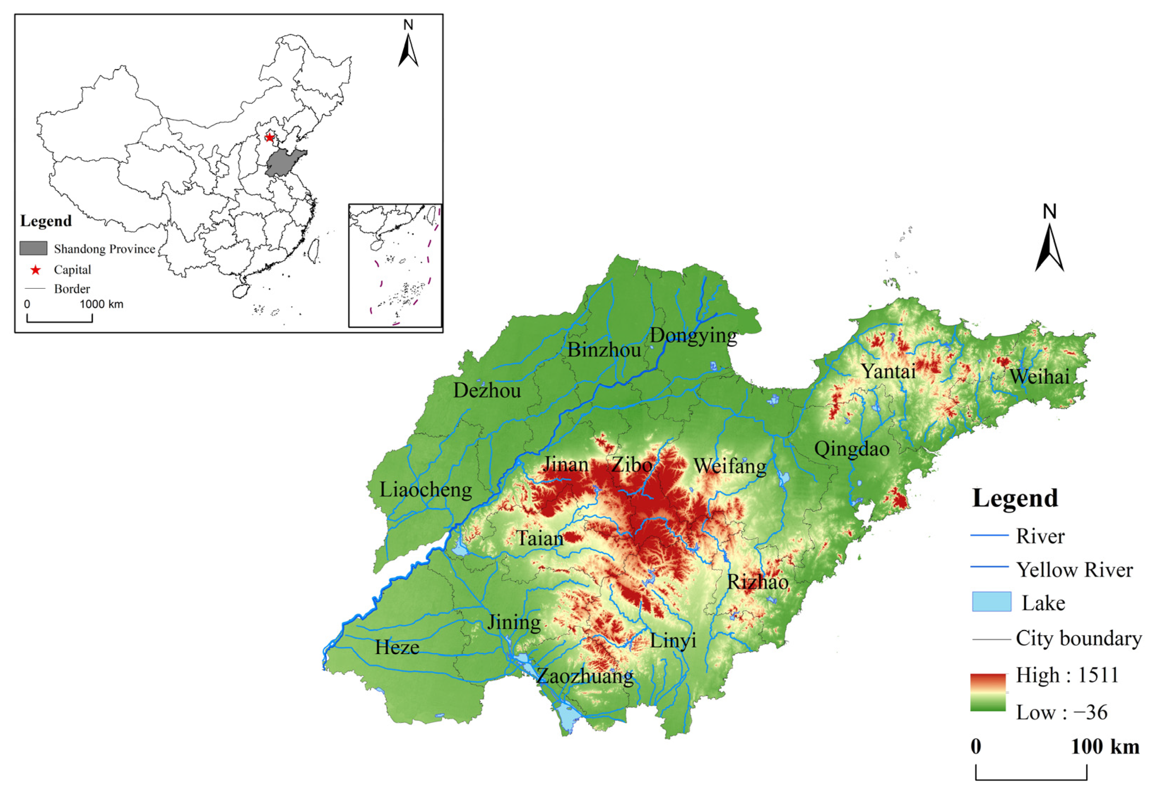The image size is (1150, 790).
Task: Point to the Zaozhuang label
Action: tap(585, 677)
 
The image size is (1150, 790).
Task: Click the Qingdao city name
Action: tap(852, 449)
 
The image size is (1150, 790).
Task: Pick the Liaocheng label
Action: tap(426, 490)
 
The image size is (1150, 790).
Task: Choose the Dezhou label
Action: tap(487, 391)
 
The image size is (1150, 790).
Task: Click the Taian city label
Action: tap(539, 538)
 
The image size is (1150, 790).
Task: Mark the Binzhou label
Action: tap(604, 350)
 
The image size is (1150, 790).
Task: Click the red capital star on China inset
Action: tap(269, 137)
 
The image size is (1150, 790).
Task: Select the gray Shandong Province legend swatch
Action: tap(33, 248)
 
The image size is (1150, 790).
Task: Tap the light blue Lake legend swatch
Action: tap(991, 602)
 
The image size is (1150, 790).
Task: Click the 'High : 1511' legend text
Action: tap(1067, 675)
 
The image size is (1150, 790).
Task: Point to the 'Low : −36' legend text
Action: tap(1061, 713)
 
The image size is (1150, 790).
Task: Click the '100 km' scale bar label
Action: tap(1105, 747)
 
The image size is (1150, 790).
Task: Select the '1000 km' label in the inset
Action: tap(101, 304)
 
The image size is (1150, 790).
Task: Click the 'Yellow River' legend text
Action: tap(1074, 570)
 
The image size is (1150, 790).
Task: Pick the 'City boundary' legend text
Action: tap(1079, 638)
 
